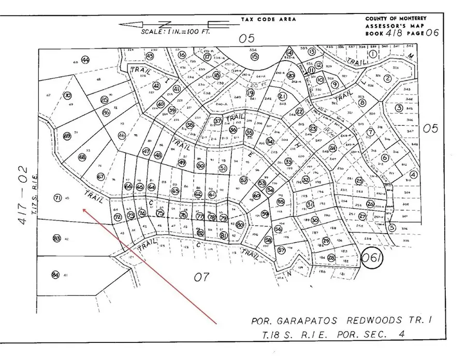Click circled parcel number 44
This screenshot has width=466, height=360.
85,60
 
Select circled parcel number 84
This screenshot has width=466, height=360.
55,275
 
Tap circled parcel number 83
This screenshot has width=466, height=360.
57,238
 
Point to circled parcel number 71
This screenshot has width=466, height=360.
58,197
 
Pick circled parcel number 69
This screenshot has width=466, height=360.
67,136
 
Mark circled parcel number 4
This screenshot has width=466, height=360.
413,175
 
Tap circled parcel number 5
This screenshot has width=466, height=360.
391,227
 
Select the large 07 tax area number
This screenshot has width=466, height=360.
201,277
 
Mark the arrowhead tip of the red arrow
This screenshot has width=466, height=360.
83,208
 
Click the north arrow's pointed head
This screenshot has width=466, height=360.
121,24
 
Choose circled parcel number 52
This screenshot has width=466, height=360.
243,180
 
